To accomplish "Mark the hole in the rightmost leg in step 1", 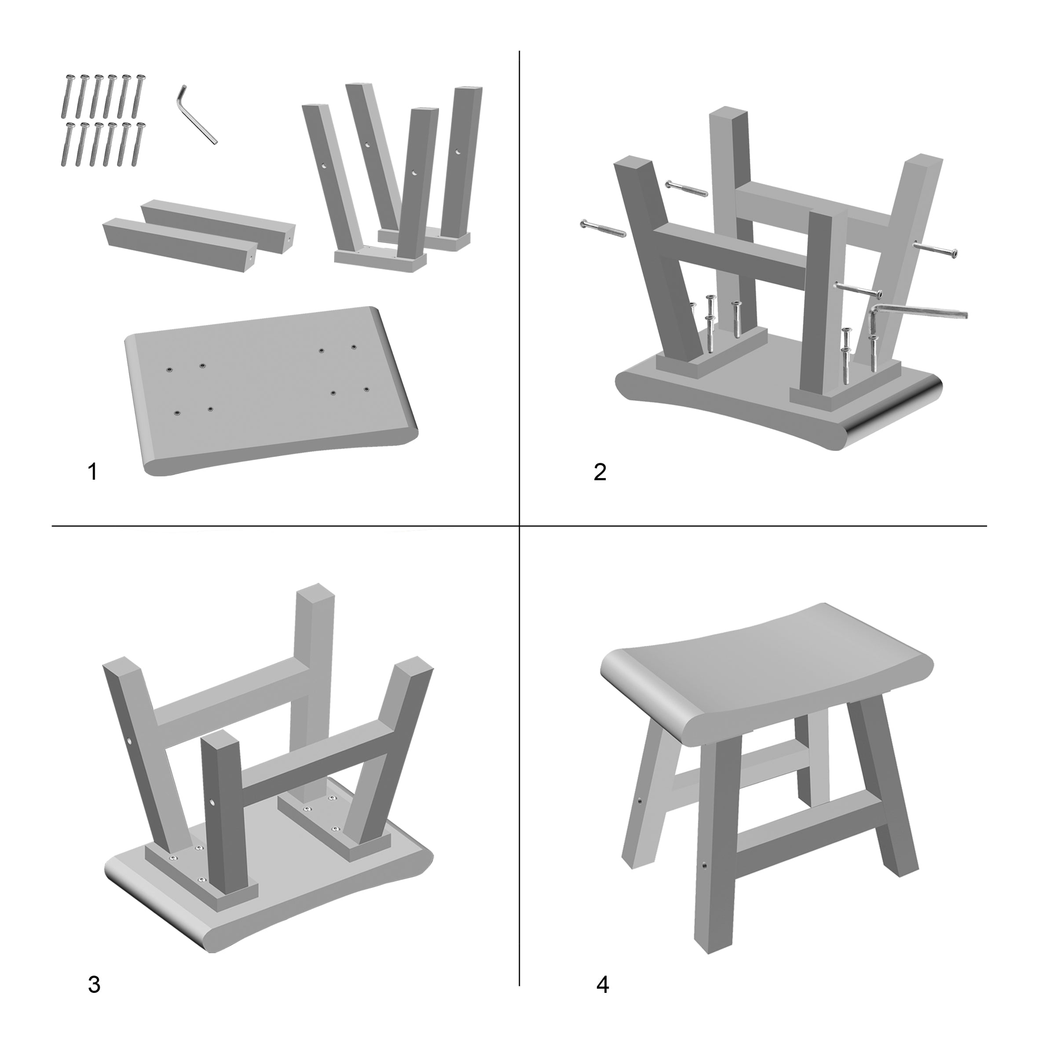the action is (458, 152).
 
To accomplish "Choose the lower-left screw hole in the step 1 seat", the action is (176, 413).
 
